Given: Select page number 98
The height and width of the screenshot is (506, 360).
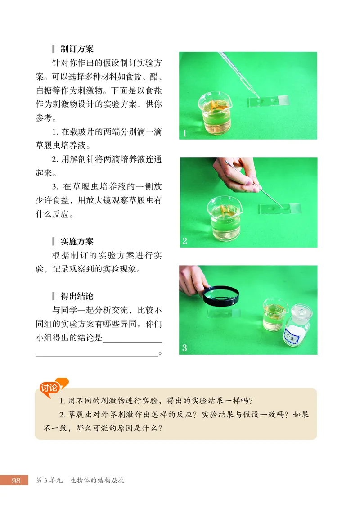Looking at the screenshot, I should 16,480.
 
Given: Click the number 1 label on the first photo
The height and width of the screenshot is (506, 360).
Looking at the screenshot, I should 184,133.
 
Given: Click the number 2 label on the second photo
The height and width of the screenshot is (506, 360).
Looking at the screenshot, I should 184,241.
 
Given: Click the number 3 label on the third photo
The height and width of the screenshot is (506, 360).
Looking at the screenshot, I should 184,348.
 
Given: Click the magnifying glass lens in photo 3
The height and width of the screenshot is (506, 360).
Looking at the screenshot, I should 221,296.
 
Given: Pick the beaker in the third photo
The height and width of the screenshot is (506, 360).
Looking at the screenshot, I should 274,314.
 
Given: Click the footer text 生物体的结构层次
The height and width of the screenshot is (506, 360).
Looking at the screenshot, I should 97,480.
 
